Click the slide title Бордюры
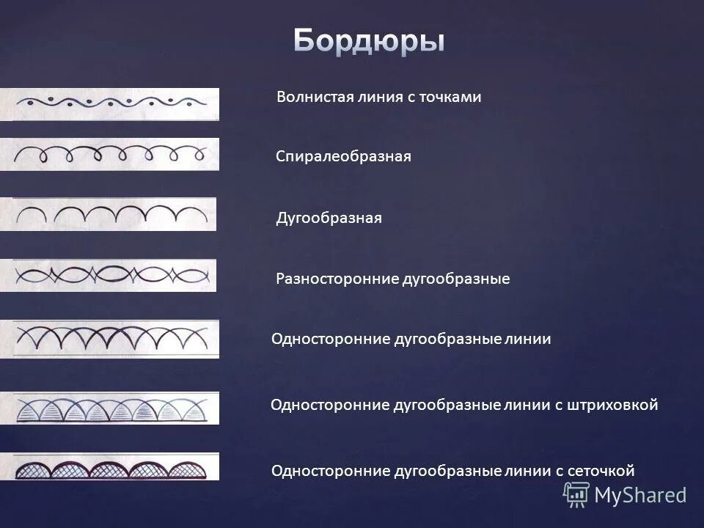coord(369,40)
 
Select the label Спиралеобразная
coord(343,157)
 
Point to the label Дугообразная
coord(329,219)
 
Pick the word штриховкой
coord(612,405)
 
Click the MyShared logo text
coord(640,495)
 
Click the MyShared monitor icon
coord(576,495)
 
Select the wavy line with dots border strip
coord(109,104)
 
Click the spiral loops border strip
coord(109,154)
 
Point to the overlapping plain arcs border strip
coord(109,338)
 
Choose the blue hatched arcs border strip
coord(109,408)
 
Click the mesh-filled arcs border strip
coord(109,466)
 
